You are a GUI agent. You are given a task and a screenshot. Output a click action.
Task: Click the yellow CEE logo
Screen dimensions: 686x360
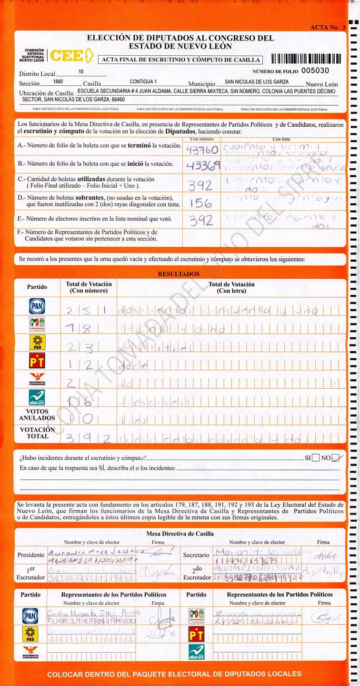coord(70,56)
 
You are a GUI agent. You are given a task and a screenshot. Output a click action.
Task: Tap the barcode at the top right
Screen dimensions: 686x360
coord(306,59)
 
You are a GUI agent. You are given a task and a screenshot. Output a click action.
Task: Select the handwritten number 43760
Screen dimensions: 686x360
coord(202,150)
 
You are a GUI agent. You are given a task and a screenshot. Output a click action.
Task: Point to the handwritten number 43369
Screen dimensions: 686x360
coord(203,165)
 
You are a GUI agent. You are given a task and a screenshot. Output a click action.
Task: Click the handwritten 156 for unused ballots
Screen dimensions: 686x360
coord(201,203)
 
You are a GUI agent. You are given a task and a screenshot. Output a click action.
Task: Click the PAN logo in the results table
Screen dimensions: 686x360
coord(37,305)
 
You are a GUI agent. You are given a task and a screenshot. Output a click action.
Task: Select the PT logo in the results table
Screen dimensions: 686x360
coord(37,361)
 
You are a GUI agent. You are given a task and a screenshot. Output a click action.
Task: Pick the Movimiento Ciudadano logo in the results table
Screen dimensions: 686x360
coord(37,380)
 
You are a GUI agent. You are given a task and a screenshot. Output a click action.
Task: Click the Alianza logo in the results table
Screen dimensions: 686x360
coord(37,397)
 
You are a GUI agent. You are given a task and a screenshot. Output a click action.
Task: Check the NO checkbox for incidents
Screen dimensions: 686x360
coord(336,458)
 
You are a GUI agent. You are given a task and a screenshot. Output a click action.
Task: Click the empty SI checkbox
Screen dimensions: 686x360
coord(316,458)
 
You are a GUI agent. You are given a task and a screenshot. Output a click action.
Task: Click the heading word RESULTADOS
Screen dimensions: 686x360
coord(179,274)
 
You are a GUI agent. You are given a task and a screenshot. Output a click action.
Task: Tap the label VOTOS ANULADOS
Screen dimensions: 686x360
coord(37,414)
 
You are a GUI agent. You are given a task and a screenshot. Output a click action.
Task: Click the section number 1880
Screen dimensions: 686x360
coord(58,81)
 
